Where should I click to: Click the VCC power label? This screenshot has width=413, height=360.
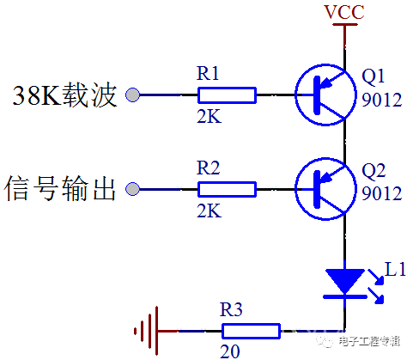344,12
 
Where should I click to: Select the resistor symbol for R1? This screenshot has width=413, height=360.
227,95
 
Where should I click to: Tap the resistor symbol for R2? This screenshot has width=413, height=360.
227,189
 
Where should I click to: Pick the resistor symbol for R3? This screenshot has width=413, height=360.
251,331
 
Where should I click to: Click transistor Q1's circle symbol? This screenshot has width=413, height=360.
295,95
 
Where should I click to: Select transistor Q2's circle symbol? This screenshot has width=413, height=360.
295,189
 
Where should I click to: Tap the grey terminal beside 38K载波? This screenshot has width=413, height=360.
133,95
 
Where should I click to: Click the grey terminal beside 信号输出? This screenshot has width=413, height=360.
133,189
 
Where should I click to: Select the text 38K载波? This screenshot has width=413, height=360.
64,95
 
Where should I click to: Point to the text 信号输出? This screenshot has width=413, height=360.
60,188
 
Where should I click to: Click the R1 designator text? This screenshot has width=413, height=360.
208,73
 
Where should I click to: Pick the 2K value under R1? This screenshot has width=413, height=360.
210,116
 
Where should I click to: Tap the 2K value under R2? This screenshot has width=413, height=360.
210,211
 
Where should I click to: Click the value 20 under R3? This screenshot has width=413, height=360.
230,351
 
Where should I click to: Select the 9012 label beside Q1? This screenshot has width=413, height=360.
382,100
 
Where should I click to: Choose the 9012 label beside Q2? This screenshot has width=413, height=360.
382,193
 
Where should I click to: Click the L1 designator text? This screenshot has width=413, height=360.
395,269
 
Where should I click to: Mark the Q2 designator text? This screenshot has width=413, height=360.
374,171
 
